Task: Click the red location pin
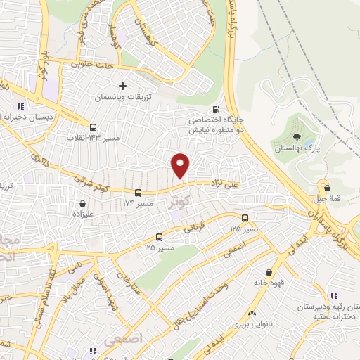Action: [x=181, y=165]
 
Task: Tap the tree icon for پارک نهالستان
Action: [x=296, y=139]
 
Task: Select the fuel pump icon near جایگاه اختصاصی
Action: [x=215, y=109]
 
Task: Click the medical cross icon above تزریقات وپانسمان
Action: [x=123, y=86]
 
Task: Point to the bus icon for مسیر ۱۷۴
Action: [x=137, y=192]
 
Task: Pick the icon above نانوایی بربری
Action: [x=252, y=313]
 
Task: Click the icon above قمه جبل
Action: [x=326, y=187]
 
